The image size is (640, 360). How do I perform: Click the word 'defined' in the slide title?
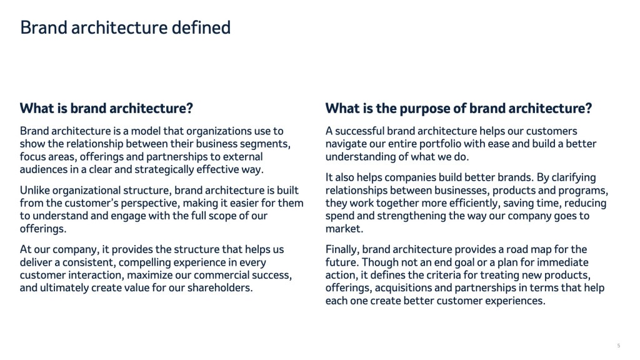coord(201,27)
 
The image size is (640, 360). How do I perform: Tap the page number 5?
coord(618,346)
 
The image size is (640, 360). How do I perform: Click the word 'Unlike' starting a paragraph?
coord(35,190)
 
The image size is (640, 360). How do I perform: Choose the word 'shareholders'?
coord(220,287)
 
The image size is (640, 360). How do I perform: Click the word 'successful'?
coord(359,131)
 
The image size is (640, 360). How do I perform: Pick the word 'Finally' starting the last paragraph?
coord(342,250)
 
